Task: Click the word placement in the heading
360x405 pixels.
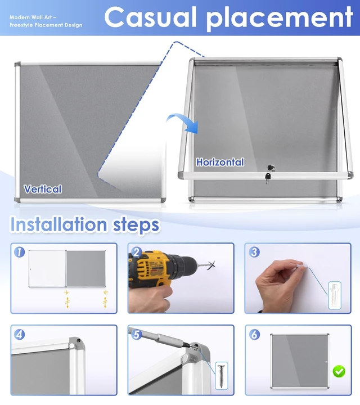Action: click(280, 19)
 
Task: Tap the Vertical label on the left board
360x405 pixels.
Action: click(43, 189)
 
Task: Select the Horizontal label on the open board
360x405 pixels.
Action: click(220, 162)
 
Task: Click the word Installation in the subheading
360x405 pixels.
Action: click(58, 224)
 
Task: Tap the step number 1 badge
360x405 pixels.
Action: click(19, 252)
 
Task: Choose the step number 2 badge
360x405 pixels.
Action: click(136, 252)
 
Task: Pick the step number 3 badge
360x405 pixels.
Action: click(254, 252)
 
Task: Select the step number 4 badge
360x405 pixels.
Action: click(19, 335)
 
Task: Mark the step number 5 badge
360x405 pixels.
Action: click(136, 335)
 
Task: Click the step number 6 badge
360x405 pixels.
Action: click(254, 335)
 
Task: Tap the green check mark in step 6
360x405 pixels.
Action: click(339, 371)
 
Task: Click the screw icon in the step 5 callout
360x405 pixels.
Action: click(221, 376)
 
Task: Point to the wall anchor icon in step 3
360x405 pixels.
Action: click(335, 295)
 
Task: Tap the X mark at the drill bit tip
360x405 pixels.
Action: click(211, 265)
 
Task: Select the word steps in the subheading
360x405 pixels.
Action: click(136, 225)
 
